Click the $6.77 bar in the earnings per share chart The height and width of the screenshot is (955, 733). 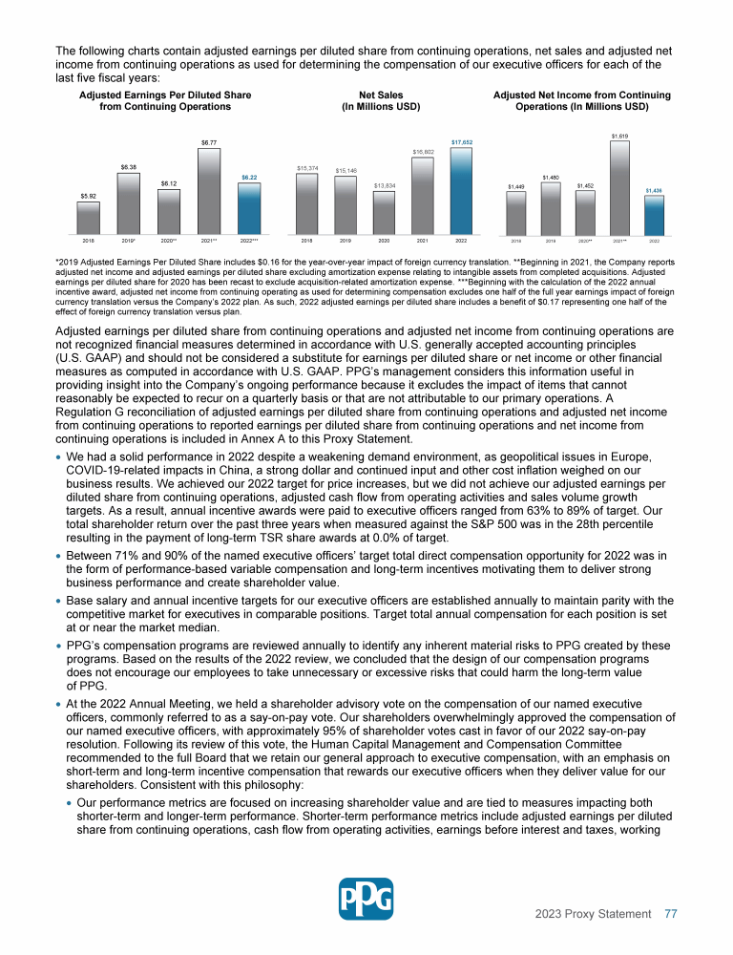click(208, 191)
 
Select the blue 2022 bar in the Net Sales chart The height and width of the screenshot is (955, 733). click(461, 191)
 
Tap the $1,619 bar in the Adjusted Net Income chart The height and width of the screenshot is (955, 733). click(619, 188)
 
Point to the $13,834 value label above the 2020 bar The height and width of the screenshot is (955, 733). click(385, 185)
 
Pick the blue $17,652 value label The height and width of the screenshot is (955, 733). click(462, 141)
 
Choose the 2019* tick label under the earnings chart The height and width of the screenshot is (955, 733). click(128, 242)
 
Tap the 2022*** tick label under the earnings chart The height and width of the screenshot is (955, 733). click(249, 242)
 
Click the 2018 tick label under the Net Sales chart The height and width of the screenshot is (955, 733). click(307, 242)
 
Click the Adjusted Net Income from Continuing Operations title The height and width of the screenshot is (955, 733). click(581, 101)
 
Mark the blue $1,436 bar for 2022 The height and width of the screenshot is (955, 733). click(654, 215)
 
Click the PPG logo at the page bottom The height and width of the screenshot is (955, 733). click(366, 899)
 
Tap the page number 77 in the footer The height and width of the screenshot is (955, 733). click(671, 914)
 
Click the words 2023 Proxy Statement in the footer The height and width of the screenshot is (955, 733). click(593, 914)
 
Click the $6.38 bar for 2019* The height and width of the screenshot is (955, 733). click(128, 202)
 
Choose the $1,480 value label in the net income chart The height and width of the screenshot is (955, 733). click(551, 177)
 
